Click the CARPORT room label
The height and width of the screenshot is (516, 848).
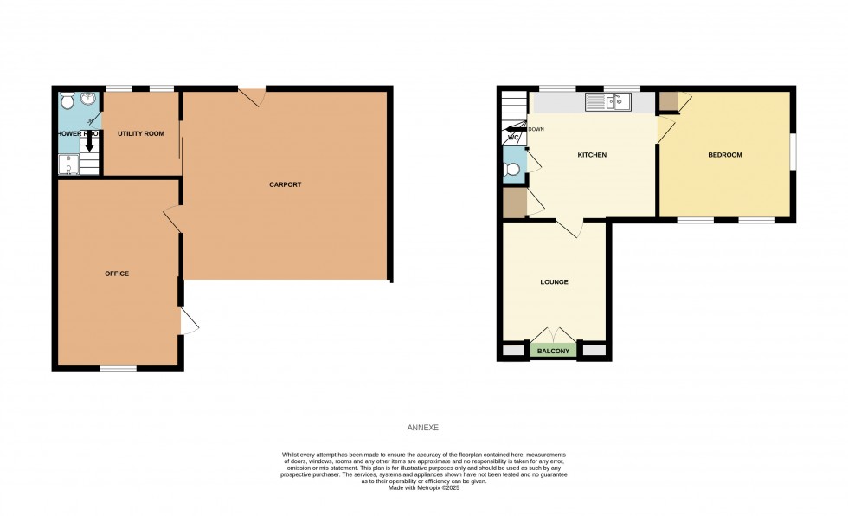pyautogui.click(x=285, y=184)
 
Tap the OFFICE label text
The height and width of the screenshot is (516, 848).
pyautogui.click(x=117, y=274)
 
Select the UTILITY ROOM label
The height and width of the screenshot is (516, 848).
pyautogui.click(x=141, y=133)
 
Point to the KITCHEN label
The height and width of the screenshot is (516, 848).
pyautogui.click(x=592, y=155)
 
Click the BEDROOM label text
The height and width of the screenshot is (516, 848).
pyautogui.click(x=724, y=155)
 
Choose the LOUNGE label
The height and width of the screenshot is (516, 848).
pyautogui.click(x=554, y=282)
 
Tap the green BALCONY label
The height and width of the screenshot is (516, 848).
pyautogui.click(x=554, y=351)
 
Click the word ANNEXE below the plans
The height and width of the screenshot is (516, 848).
pyautogui.click(x=423, y=428)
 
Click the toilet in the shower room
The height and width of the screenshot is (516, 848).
pyautogui.click(x=68, y=102)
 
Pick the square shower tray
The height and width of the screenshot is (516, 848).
pyautogui.click(x=68, y=164)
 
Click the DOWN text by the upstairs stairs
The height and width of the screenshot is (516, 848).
pyautogui.click(x=536, y=130)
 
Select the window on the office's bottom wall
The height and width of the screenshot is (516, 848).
pyautogui.click(x=118, y=369)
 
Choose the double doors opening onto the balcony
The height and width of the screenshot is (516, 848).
pyautogui.click(x=554, y=336)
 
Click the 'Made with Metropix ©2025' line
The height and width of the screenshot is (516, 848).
pyautogui.click(x=423, y=487)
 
